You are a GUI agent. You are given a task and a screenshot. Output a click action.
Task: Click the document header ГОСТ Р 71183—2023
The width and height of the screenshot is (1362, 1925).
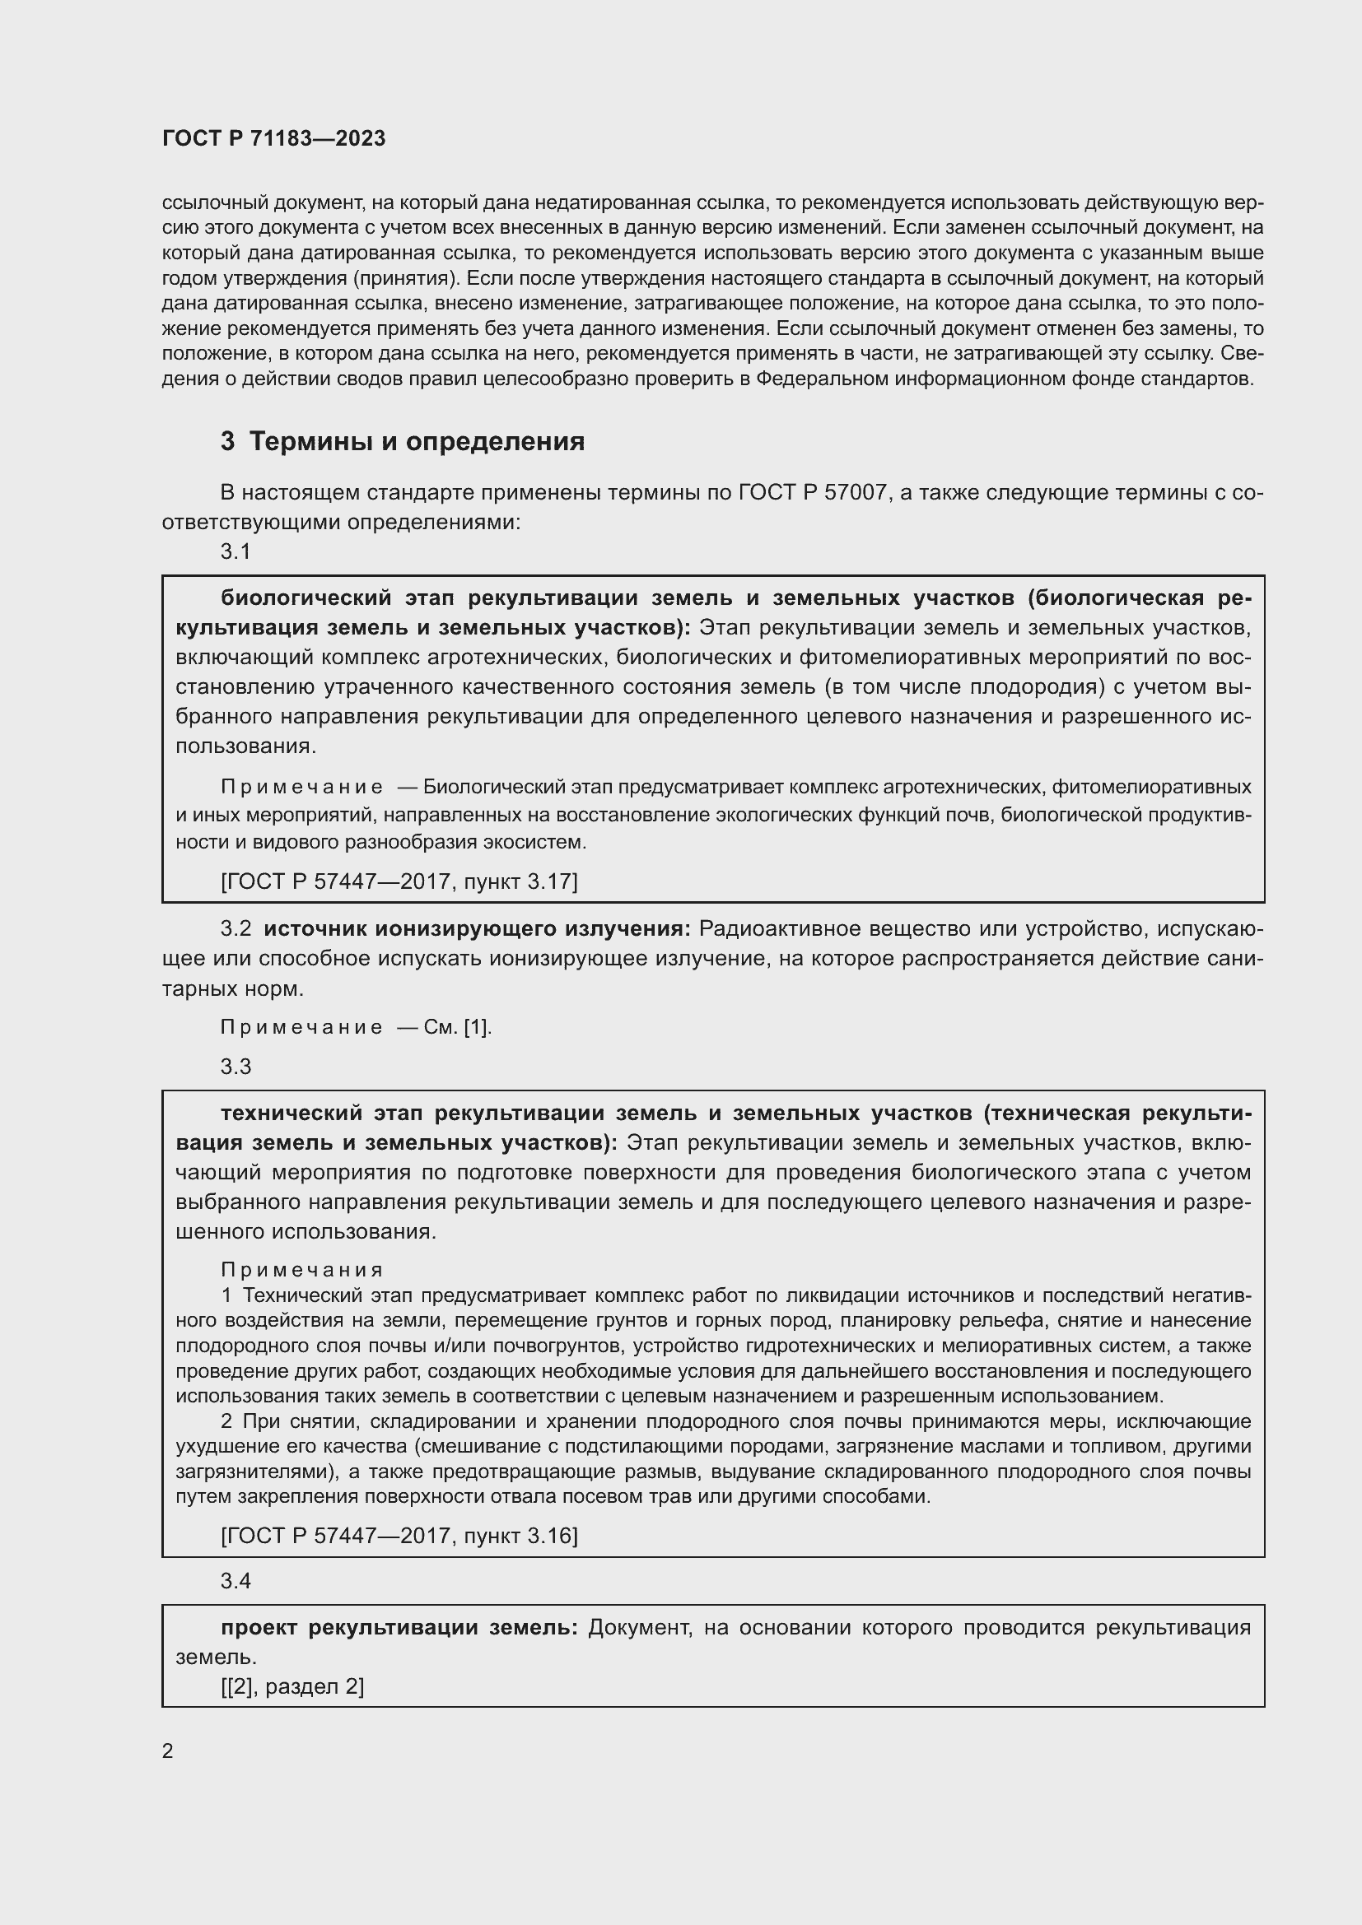tap(273, 138)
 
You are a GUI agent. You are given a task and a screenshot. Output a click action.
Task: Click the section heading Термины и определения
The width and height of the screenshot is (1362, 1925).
tap(417, 441)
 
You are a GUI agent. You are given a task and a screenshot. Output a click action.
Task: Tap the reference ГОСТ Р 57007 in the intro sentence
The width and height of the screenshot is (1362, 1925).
tap(813, 492)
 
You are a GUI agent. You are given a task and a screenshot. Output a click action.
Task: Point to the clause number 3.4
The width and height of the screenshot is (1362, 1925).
tap(236, 1580)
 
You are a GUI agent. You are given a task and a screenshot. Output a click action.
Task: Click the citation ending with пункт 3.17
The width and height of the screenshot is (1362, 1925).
tap(399, 881)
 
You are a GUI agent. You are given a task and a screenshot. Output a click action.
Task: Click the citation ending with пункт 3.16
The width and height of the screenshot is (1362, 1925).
tap(399, 1535)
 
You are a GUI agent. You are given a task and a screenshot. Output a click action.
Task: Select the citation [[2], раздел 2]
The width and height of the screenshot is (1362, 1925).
tap(292, 1686)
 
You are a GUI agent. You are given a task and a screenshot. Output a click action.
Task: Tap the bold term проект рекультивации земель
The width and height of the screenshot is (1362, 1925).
tap(399, 1627)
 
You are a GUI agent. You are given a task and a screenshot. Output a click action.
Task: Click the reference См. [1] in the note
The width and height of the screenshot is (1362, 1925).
tap(457, 1027)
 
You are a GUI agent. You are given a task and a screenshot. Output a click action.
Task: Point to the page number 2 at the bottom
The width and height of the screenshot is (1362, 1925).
tap(168, 1751)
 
